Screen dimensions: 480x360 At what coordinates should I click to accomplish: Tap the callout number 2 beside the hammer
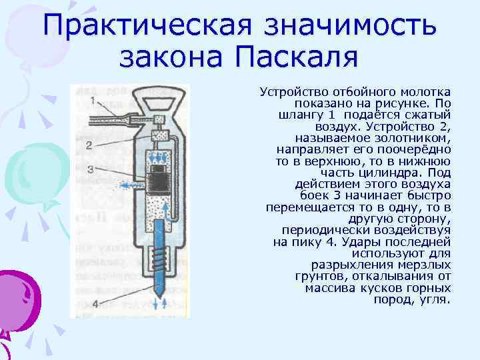[x=89, y=144]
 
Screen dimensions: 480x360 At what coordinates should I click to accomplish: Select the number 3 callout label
[x=89, y=170]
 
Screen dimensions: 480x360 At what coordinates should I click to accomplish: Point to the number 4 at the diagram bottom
[x=95, y=304]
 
